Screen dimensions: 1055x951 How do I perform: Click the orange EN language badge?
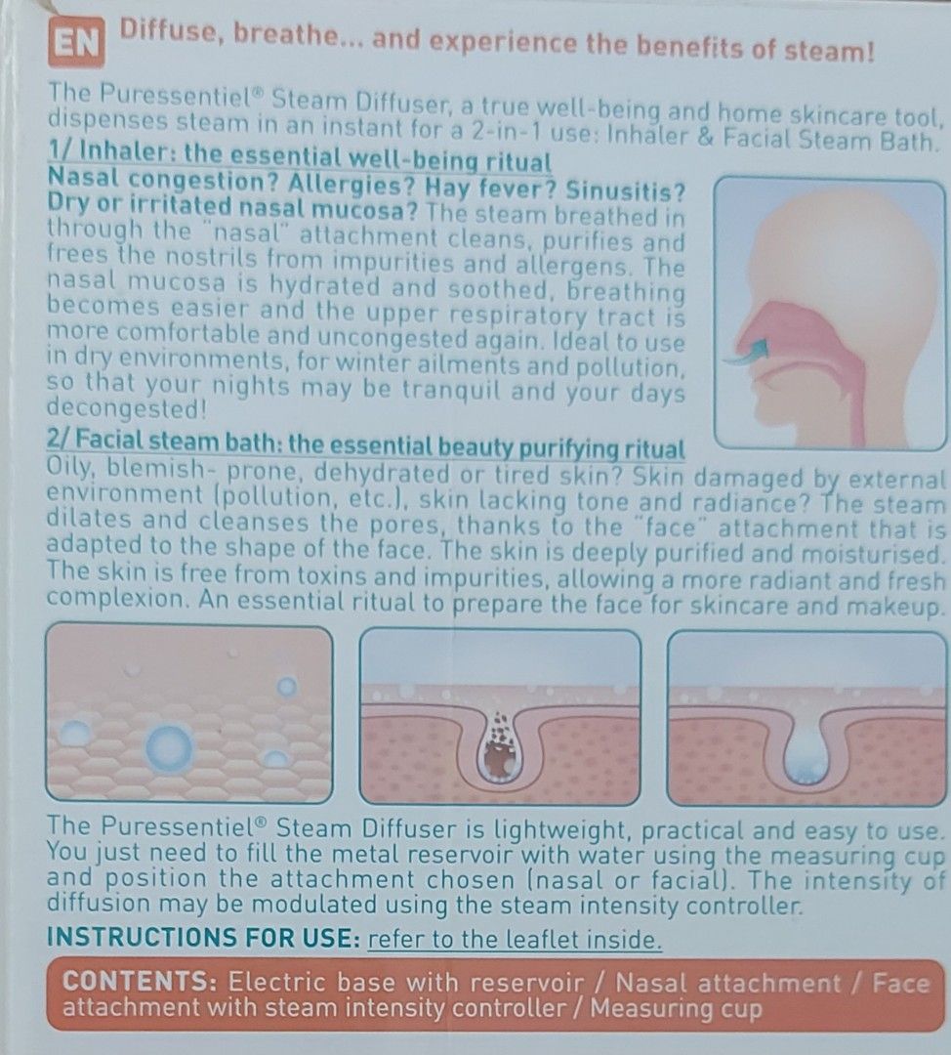coord(75,43)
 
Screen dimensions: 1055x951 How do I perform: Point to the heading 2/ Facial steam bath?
coord(365,448)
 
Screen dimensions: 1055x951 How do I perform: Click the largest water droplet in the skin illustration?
coord(170,748)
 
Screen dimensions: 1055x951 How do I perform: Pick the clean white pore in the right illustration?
coord(807,753)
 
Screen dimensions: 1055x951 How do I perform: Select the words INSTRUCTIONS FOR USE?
coord(203,939)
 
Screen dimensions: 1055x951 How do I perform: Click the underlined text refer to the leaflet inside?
coord(515,940)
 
